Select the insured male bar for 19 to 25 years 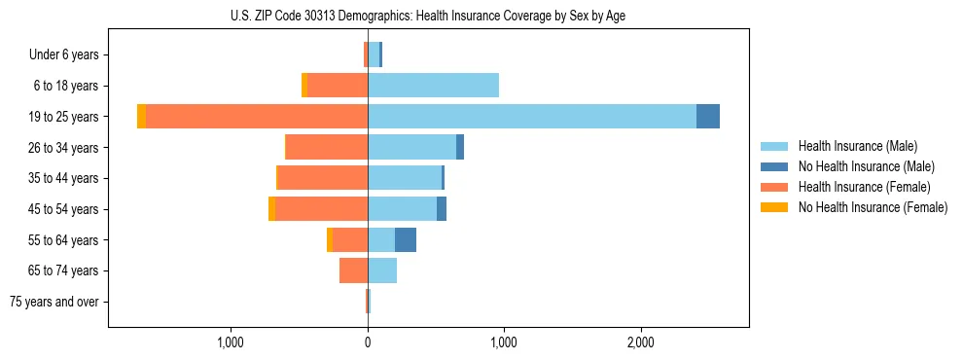[531, 116]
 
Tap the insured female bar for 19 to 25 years [257, 116]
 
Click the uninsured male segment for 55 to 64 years [406, 239]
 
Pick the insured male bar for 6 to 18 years [433, 85]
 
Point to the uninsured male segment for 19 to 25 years [708, 116]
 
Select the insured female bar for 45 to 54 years [321, 208]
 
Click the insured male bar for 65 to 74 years [382, 270]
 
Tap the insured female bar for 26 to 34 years [327, 147]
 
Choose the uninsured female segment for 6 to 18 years [304, 85]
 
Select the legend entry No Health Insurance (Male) [866, 166]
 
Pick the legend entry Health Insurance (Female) [864, 187]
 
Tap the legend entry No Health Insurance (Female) [873, 207]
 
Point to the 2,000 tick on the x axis [640, 342]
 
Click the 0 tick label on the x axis [368, 342]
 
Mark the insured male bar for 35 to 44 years [405, 178]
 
